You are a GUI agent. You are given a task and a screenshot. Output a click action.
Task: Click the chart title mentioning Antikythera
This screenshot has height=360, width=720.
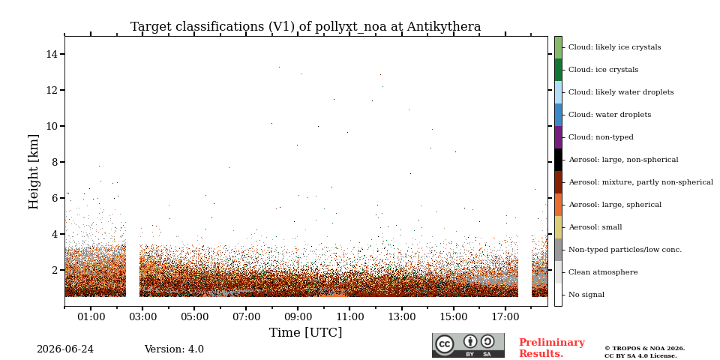306,27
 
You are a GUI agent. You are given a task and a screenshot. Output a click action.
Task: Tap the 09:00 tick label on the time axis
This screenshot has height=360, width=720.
298,316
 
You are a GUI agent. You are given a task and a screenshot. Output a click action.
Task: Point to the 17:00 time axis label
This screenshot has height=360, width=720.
505,316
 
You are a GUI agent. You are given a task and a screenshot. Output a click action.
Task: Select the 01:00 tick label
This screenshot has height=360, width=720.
91,316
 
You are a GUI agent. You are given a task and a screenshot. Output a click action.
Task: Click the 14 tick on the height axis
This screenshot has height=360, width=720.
52,54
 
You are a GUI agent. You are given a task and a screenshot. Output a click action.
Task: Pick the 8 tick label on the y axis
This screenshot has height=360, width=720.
55,162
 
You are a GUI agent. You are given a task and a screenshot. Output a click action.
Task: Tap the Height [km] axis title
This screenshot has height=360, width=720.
34,172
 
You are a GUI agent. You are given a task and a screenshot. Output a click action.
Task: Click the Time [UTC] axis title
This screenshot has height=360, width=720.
306,332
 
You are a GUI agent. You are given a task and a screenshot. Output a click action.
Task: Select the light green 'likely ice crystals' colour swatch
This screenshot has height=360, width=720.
558,47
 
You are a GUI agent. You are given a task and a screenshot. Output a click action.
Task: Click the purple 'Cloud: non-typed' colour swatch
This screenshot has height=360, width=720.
558,137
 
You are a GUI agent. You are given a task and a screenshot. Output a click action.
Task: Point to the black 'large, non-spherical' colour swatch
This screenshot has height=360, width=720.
558,160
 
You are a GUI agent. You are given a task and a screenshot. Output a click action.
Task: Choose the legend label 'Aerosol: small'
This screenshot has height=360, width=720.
595,227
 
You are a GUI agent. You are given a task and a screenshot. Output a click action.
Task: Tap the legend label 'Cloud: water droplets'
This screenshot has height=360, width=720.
610,115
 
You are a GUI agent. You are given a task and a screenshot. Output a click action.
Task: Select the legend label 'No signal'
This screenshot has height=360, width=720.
586,295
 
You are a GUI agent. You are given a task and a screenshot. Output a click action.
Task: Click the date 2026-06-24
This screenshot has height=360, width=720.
65,349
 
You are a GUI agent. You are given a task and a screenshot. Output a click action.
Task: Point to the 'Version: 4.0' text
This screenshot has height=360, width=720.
174,349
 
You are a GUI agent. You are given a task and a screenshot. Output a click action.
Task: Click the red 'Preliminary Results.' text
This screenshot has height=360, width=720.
552,348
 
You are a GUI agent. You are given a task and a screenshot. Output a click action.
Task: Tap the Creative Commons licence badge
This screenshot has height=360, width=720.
468,345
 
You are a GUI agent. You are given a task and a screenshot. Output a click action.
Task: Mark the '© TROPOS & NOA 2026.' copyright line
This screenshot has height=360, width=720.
644,349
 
